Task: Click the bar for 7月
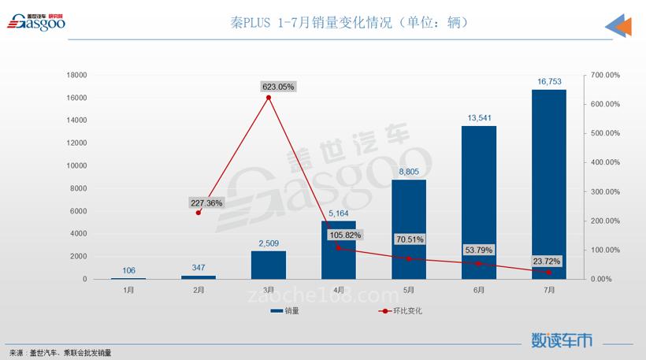[x=549, y=184]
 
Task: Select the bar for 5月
[x=409, y=229]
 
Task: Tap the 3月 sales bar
[x=269, y=265]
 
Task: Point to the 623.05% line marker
[x=269, y=98]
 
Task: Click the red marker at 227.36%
[x=199, y=213]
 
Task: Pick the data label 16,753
[x=549, y=81]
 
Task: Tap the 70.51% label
[x=410, y=239]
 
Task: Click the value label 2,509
[x=269, y=243]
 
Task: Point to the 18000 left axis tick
[x=76, y=75]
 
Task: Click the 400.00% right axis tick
[x=605, y=162]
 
